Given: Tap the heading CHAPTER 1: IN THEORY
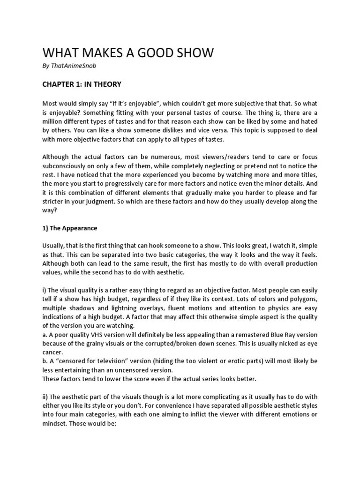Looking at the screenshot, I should (82, 84).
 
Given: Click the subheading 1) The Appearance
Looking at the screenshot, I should (70, 228).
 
